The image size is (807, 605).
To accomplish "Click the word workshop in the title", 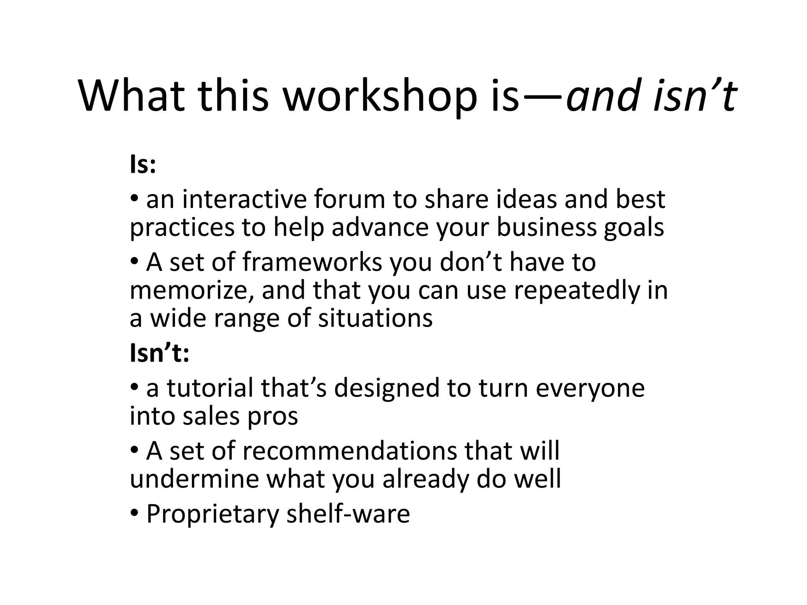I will (x=380, y=96).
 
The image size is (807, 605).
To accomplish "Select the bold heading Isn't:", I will (x=160, y=353).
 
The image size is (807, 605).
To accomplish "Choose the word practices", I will (x=182, y=228).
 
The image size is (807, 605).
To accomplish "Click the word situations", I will (x=375, y=318).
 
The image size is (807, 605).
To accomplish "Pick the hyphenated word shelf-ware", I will (x=348, y=514).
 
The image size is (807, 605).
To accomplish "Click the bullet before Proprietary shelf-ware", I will (x=134, y=514).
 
